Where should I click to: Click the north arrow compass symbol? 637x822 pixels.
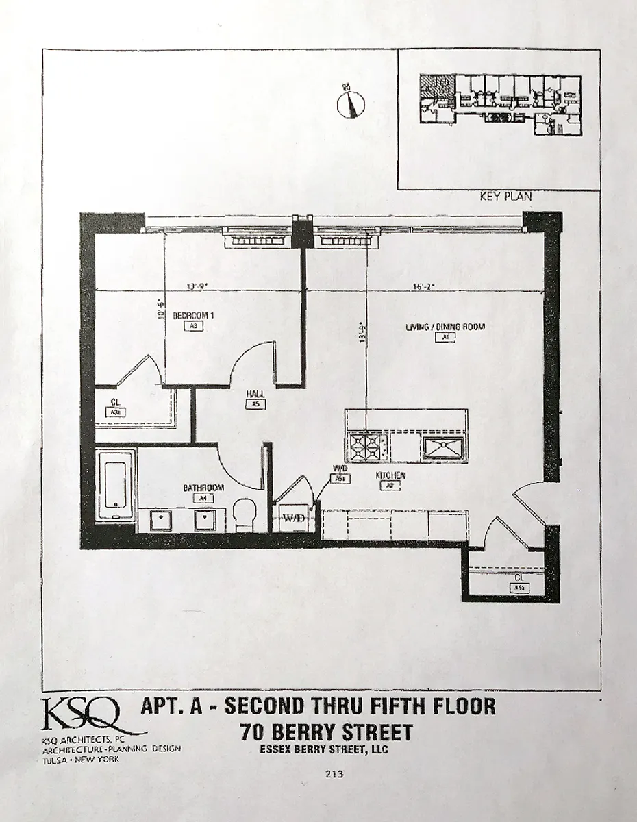(x=351, y=103)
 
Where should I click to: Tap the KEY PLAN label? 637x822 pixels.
(x=506, y=197)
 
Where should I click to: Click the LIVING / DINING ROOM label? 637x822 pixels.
(x=445, y=327)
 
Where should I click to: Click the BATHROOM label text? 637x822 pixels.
(x=203, y=488)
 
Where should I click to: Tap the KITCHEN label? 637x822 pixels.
(x=390, y=475)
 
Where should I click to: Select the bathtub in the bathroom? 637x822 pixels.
(x=115, y=485)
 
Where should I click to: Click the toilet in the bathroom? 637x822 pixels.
(x=245, y=513)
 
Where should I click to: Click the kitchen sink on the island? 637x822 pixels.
(x=444, y=447)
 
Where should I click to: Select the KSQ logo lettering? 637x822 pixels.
(x=82, y=715)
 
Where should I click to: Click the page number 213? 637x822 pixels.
(x=335, y=775)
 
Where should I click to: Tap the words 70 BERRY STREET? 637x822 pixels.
(x=327, y=732)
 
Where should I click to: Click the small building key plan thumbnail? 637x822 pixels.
(x=500, y=99)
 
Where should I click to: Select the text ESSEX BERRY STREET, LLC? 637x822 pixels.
(x=324, y=749)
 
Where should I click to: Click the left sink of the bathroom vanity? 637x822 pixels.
(x=161, y=519)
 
